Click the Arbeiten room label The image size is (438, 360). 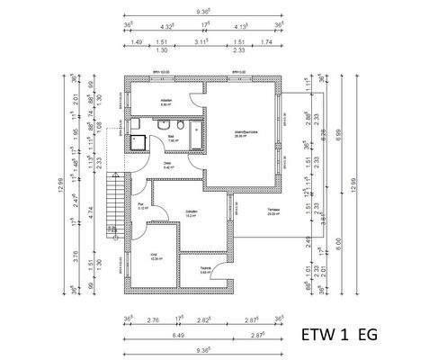(x=165, y=101)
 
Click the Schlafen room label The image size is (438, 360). (x=191, y=213)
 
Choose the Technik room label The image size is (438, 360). (x=205, y=268)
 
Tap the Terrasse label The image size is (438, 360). (x=273, y=212)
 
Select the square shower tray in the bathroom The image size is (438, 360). (x=140, y=140)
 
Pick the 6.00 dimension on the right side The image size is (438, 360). (x=337, y=241)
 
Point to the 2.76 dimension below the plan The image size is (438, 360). (x=153, y=319)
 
